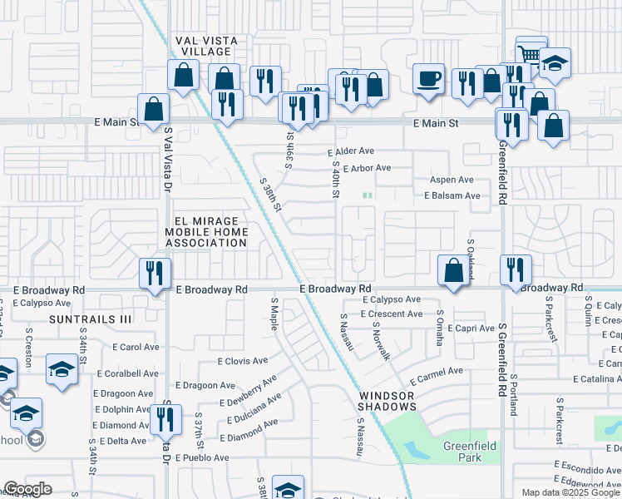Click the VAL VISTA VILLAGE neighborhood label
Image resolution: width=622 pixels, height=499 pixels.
[205, 46]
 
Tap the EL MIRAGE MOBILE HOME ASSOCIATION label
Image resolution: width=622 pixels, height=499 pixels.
[205, 233]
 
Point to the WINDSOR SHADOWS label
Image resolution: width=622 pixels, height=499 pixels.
[388, 401]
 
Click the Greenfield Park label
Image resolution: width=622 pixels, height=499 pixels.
[469, 452]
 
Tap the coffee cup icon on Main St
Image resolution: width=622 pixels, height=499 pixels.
[428, 79]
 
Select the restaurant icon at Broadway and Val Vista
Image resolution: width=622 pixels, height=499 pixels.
[155, 273]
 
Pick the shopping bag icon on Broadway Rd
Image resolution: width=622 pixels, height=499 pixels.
[453, 270]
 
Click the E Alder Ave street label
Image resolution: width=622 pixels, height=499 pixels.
[351, 152]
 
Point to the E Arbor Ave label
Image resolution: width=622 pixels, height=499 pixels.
[367, 168]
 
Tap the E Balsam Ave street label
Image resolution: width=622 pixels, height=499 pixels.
[452, 195]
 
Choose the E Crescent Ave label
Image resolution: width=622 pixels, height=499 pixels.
[392, 314]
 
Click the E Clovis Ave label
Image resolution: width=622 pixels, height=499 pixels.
[243, 361]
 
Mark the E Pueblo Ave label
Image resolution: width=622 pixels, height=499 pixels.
[202, 458]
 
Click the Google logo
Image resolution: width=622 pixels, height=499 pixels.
[27, 489]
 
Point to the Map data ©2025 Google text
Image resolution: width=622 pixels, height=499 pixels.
[570, 492]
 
